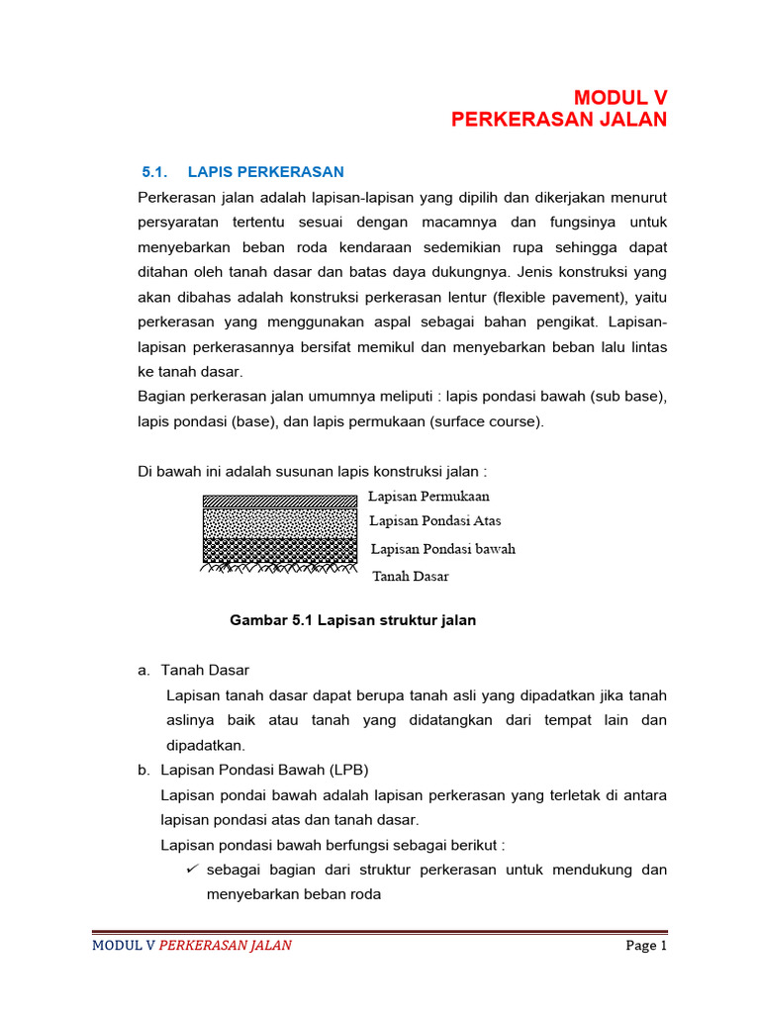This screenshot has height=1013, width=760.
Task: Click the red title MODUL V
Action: [620, 97]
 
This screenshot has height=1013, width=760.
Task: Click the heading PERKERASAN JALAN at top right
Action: [559, 120]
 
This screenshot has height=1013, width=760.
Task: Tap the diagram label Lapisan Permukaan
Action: [428, 496]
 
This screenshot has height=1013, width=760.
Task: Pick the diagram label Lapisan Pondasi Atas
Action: [435, 520]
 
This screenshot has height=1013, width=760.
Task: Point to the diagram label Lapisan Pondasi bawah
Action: [443, 548]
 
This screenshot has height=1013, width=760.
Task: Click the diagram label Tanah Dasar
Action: [411, 576]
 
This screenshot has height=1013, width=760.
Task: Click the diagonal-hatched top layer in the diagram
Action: [279, 502]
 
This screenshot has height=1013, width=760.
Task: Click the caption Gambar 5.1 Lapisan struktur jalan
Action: [353, 620]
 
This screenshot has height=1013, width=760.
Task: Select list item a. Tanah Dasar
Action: [193, 670]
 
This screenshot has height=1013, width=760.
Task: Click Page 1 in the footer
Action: [647, 946]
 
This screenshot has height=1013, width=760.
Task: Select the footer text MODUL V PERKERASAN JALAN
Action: [192, 946]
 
